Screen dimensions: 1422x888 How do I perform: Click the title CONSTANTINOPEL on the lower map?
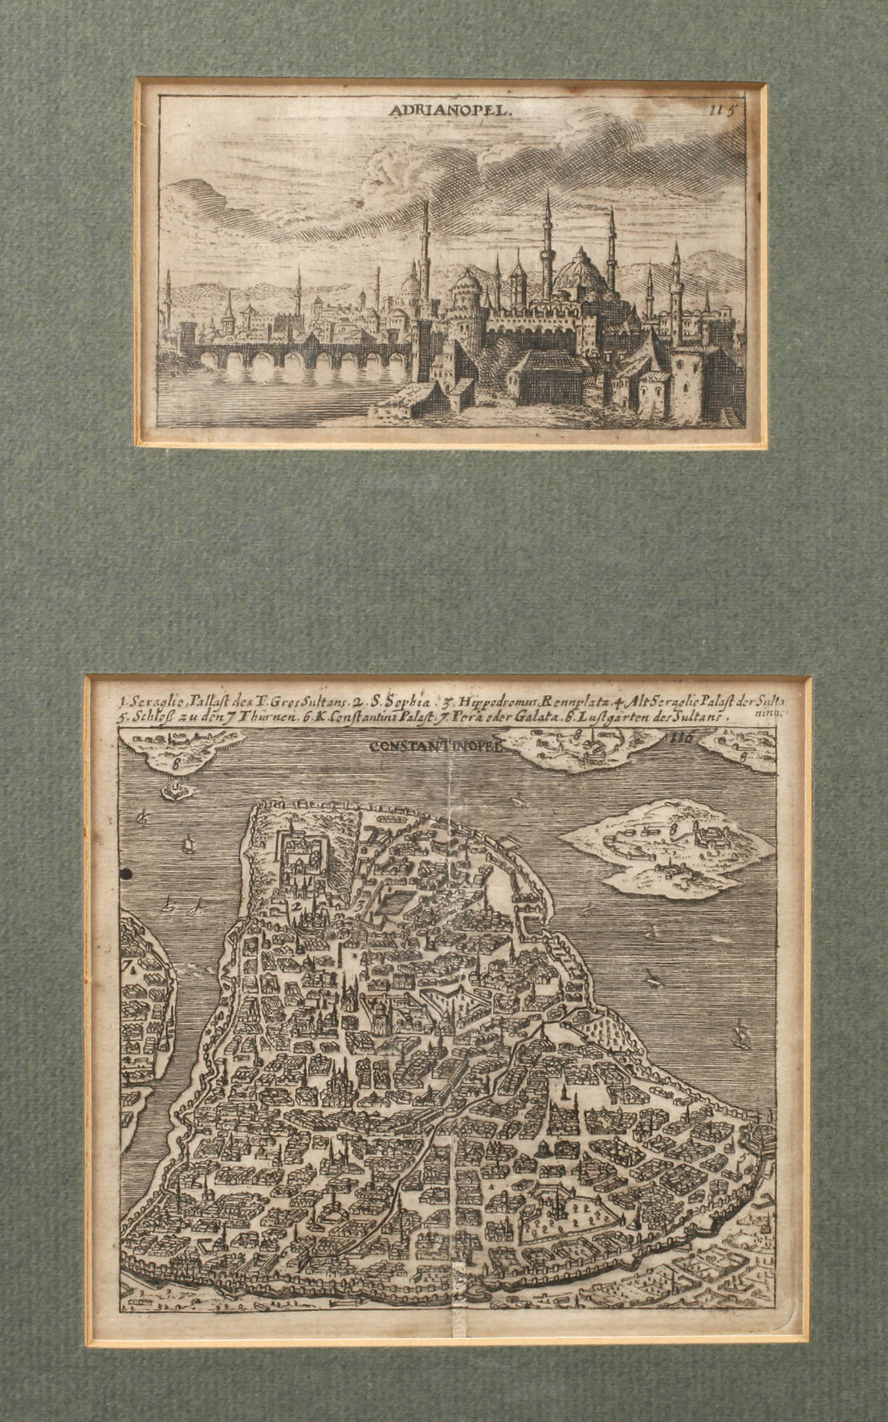click(435, 745)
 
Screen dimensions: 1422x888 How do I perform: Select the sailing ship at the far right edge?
click(742, 1035)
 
